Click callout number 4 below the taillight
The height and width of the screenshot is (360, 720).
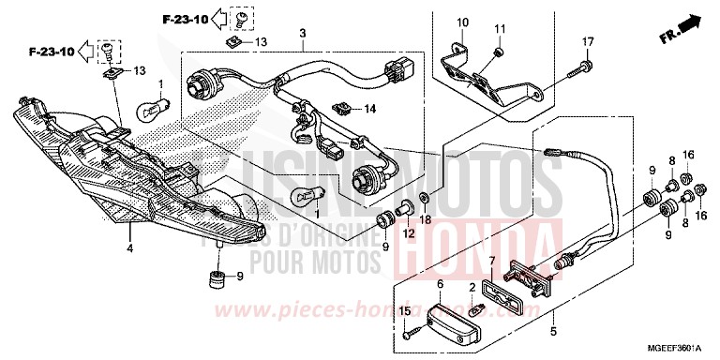point(129,248)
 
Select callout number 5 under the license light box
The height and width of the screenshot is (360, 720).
point(552,330)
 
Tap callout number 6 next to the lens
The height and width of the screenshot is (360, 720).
point(440,282)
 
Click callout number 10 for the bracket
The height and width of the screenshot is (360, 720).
point(461,22)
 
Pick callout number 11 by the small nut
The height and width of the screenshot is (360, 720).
point(500,27)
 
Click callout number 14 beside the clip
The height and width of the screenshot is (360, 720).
point(369,109)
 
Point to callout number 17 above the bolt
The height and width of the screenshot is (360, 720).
point(588,42)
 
